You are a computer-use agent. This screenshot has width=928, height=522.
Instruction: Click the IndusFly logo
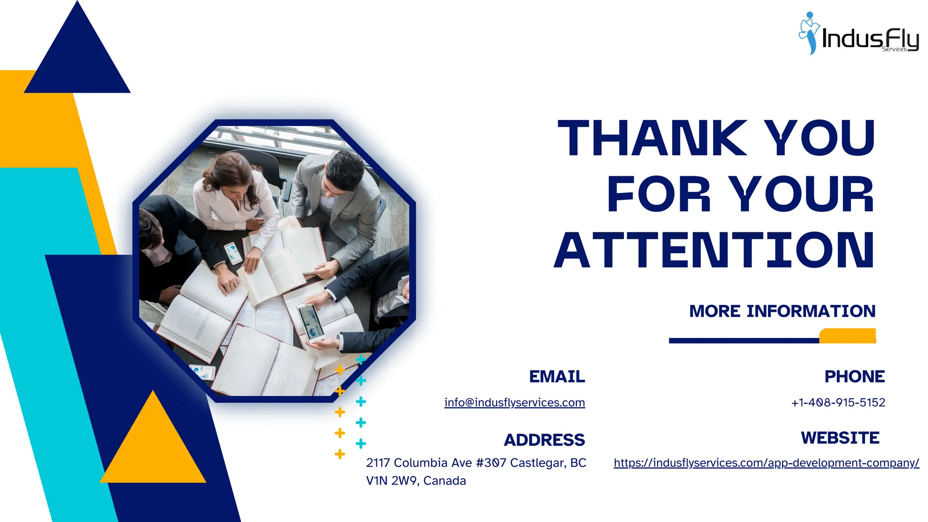pos(858,34)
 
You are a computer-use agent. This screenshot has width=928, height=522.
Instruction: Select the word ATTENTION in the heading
pos(714,251)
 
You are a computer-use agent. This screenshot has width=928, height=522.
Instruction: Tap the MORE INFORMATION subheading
pos(782,311)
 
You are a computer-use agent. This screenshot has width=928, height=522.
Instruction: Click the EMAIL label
pos(557,377)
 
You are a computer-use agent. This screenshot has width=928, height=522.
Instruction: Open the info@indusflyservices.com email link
pos(514,402)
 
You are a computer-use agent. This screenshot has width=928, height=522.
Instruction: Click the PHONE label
pos(854,377)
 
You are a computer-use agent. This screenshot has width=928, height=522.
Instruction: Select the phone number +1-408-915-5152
pos(838,402)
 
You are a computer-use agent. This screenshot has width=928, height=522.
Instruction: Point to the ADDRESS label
pos(544,440)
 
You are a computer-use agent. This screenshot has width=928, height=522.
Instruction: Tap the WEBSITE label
pos(840,438)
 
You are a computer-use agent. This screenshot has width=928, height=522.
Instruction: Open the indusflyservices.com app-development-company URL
pos(766,463)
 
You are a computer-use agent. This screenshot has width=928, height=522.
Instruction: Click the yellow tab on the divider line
pos(847,336)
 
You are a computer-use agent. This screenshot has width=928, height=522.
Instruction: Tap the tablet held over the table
pos(311,322)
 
